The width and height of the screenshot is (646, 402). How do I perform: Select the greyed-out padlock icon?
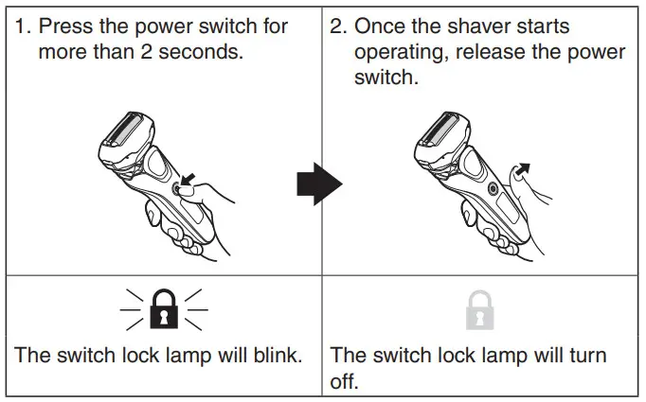pyautogui.click(x=482, y=311)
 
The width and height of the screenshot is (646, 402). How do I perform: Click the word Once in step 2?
pyautogui.click(x=383, y=26)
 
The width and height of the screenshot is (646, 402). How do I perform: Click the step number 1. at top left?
pyautogui.click(x=22, y=26)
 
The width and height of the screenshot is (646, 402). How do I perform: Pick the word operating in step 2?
pyautogui.click(x=404, y=51)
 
